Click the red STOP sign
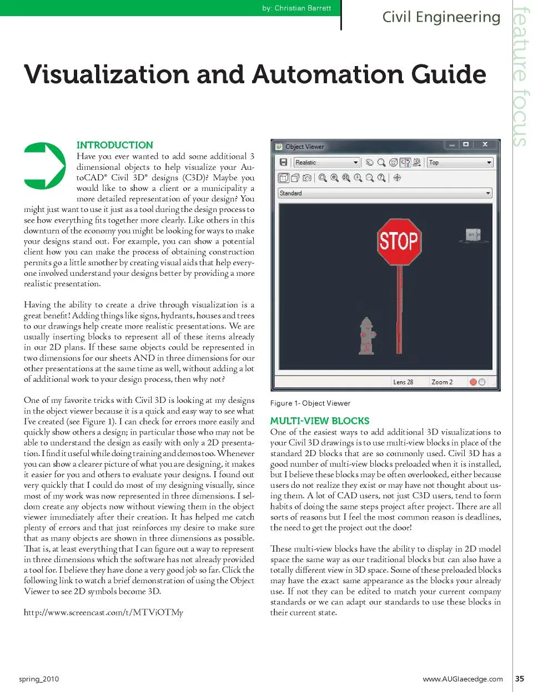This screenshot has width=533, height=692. point(399,241)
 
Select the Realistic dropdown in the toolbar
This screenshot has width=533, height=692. point(327,163)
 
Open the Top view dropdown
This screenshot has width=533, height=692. point(460,163)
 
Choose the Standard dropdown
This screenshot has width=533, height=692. point(385,193)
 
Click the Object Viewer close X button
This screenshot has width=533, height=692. point(485,144)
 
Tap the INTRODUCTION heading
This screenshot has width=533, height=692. point(115,145)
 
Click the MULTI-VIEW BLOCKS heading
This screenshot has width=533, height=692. point(320,421)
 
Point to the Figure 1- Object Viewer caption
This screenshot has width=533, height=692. point(310,403)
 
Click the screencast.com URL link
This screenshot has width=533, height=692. point(103,613)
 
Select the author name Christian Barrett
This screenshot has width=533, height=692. point(303,8)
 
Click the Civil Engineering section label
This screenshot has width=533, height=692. point(441,17)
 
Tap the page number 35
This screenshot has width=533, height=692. point(520,679)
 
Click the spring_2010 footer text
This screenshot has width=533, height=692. point(39,679)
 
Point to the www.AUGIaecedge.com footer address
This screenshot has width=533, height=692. point(462,679)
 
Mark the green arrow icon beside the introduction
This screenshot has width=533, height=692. point(45,166)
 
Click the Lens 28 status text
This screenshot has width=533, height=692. point(403,382)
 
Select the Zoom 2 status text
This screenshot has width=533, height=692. point(442,382)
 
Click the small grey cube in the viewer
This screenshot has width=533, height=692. point(473,235)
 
